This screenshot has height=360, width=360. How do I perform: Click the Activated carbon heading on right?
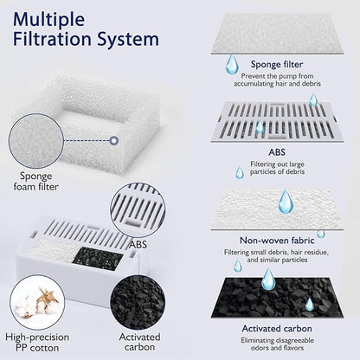(x=276, y=329)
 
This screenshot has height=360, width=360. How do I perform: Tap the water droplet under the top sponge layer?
(x=232, y=65)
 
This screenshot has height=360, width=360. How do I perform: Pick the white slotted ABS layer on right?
(x=277, y=113)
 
